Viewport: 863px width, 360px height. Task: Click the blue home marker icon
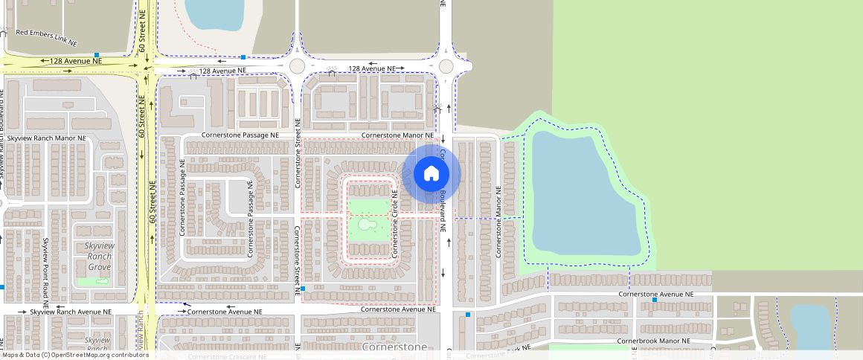tap(431, 174)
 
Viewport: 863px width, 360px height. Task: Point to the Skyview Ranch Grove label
tap(98, 256)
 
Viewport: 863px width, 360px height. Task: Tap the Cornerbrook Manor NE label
tap(653, 341)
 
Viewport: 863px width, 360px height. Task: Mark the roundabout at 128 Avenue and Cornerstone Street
tap(298, 65)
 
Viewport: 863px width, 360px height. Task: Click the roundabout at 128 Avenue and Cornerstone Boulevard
tap(446, 66)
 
